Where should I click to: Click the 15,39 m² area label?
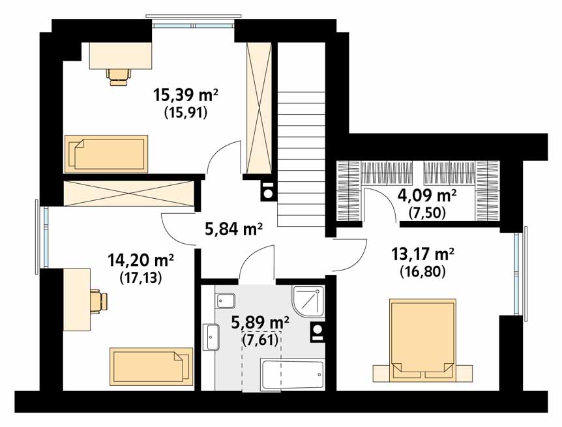pyautogui.click(x=186, y=95)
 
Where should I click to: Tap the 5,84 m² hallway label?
pyautogui.click(x=233, y=228)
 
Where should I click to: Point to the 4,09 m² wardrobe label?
pyautogui.click(x=427, y=196)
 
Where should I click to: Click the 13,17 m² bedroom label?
pyautogui.click(x=422, y=254)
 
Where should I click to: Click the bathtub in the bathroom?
pyautogui.click(x=293, y=375)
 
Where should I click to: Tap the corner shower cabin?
pyautogui.click(x=308, y=302)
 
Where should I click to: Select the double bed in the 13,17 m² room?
pyautogui.click(x=423, y=340)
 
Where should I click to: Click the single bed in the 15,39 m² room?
pyautogui.click(x=106, y=154)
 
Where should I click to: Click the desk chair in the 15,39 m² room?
pyautogui.click(x=119, y=76)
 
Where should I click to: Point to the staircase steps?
pyautogui.click(x=301, y=158)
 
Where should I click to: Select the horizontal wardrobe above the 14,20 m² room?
pyautogui.click(x=128, y=193)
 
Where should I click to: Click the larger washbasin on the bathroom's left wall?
pyautogui.click(x=211, y=336)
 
